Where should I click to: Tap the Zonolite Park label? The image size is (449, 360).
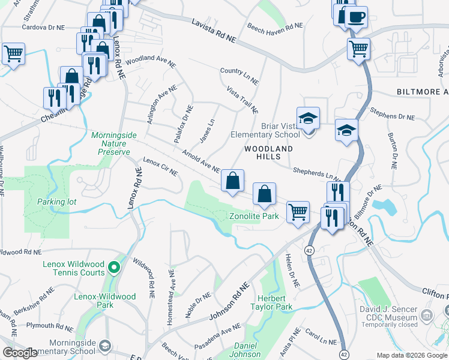pos(255,216)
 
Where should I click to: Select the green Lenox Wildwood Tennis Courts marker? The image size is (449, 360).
pos(114,266)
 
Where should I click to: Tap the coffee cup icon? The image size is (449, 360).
pos(357,17)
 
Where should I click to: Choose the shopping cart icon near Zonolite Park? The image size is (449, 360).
pos(298,212)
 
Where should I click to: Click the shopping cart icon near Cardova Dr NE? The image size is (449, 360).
pos(13,54)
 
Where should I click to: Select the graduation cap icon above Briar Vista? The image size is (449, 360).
pos(308,118)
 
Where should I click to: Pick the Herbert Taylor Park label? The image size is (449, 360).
pos(275,302)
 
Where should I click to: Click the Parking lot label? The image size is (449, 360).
pos(56,202)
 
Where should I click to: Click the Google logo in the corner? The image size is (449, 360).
pos(20,353)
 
